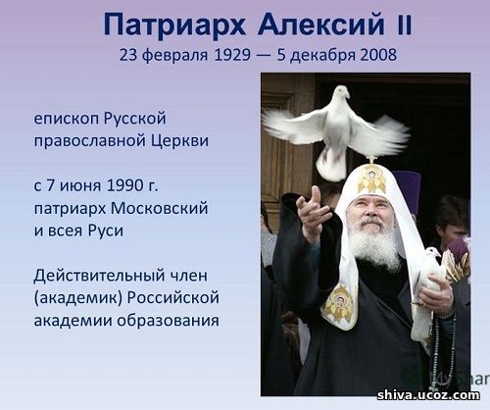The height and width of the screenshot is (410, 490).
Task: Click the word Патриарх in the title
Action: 174,26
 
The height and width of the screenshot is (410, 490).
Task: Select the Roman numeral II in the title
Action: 404,26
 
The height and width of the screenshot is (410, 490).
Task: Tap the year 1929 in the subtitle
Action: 232,55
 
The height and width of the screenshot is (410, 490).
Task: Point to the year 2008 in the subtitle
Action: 378,55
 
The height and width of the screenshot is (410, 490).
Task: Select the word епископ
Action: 67,119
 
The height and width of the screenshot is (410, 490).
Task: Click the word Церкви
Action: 179,140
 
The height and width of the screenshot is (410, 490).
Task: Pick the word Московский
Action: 160,208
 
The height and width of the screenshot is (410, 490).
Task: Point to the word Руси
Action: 106,231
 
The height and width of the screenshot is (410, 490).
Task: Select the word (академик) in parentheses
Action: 78,298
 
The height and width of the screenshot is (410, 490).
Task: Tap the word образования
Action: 169,321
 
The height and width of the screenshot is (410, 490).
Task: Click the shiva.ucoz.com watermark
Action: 428,395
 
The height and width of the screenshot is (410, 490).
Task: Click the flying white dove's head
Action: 341,91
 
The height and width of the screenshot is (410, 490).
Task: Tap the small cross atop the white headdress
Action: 371,160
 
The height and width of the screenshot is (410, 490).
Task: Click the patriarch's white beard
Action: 375,242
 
